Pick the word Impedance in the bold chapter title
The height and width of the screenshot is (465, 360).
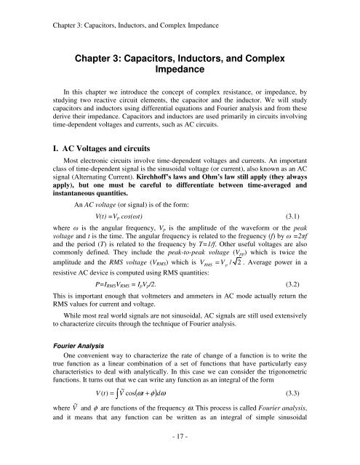(180, 73)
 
